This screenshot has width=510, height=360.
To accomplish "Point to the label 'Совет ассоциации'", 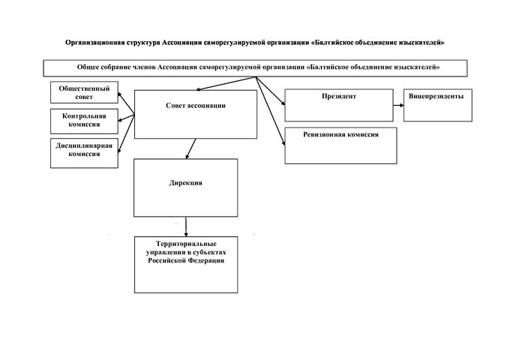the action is [196, 105].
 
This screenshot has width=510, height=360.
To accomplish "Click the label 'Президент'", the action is [339, 96].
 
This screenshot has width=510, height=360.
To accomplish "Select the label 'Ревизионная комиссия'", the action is [340, 135].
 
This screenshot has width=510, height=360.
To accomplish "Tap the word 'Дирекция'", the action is [186, 183].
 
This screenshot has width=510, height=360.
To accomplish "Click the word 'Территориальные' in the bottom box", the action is [186, 244].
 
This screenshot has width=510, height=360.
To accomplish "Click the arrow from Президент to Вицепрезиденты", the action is [398, 105].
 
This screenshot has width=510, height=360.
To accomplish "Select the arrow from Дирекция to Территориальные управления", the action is [186, 226].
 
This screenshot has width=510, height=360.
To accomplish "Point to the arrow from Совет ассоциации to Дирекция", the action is [191, 148].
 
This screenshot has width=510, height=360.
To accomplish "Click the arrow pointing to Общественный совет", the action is [126, 103].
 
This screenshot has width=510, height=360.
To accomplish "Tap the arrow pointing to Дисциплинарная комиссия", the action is [126, 133].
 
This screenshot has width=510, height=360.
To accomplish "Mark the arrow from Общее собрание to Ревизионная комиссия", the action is [271, 111].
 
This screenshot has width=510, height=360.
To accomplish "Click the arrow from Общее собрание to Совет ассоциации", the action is [226, 83].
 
